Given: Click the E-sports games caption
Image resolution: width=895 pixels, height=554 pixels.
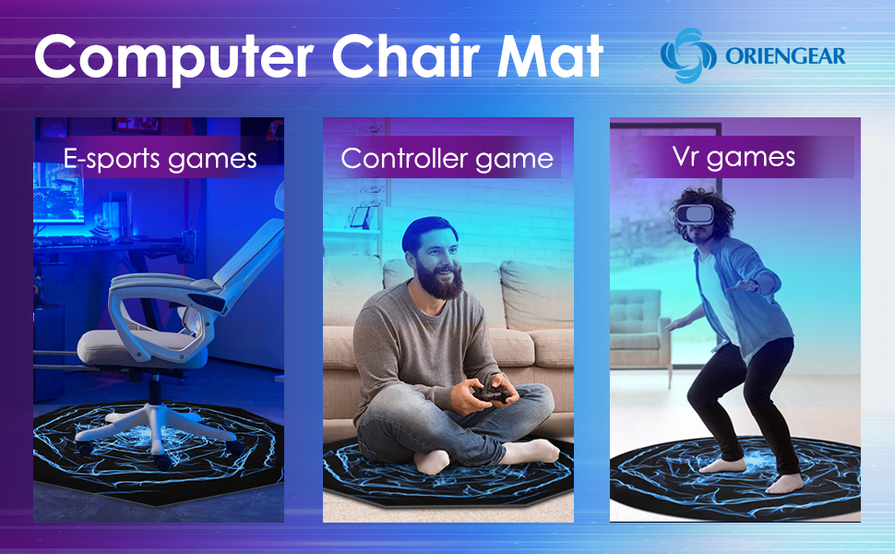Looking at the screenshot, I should click(160, 158).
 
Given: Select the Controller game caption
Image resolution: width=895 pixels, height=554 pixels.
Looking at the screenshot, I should click(447, 158).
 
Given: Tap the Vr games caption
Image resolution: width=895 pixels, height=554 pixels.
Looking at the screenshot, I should click(734, 156).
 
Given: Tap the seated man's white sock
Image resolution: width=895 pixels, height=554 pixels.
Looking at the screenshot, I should click(531, 452).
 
